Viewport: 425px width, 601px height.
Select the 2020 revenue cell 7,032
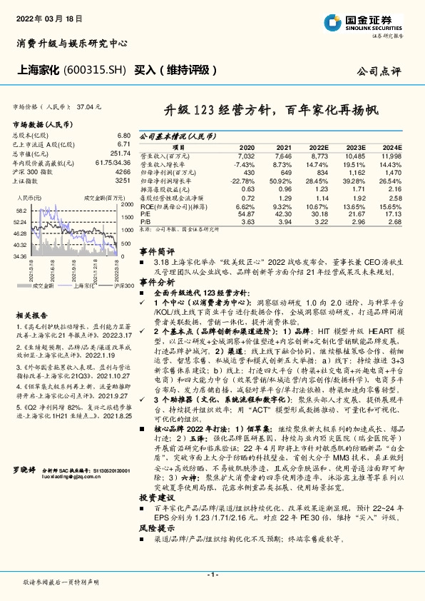pyautogui.click(x=245, y=155)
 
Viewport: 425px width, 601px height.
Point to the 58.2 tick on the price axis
pyautogui.click(x=21, y=211)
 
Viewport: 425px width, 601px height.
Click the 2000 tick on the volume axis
pyautogui.click(x=127, y=204)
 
